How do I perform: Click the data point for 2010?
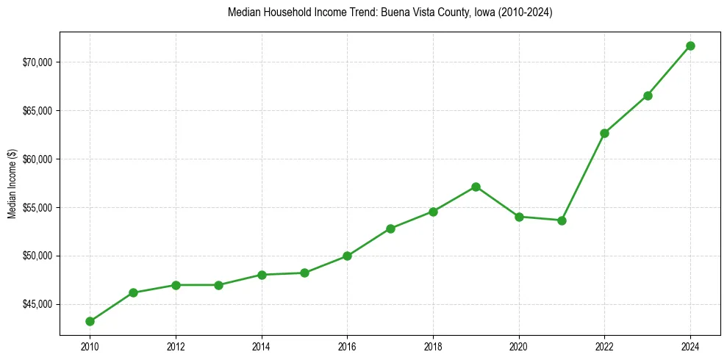[90, 321]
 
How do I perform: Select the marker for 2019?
[476, 187]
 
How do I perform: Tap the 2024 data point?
[690, 46]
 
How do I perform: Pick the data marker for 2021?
[562, 220]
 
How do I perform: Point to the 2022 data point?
[604, 133]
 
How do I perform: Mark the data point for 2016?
[347, 256]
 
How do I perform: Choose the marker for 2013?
[218, 285]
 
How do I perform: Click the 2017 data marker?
[390, 228]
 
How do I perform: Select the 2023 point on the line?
[648, 96]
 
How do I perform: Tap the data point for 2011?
[133, 292]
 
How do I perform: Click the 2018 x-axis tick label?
[433, 345]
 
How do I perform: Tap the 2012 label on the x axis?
[176, 345]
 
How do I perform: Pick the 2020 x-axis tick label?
[519, 345]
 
